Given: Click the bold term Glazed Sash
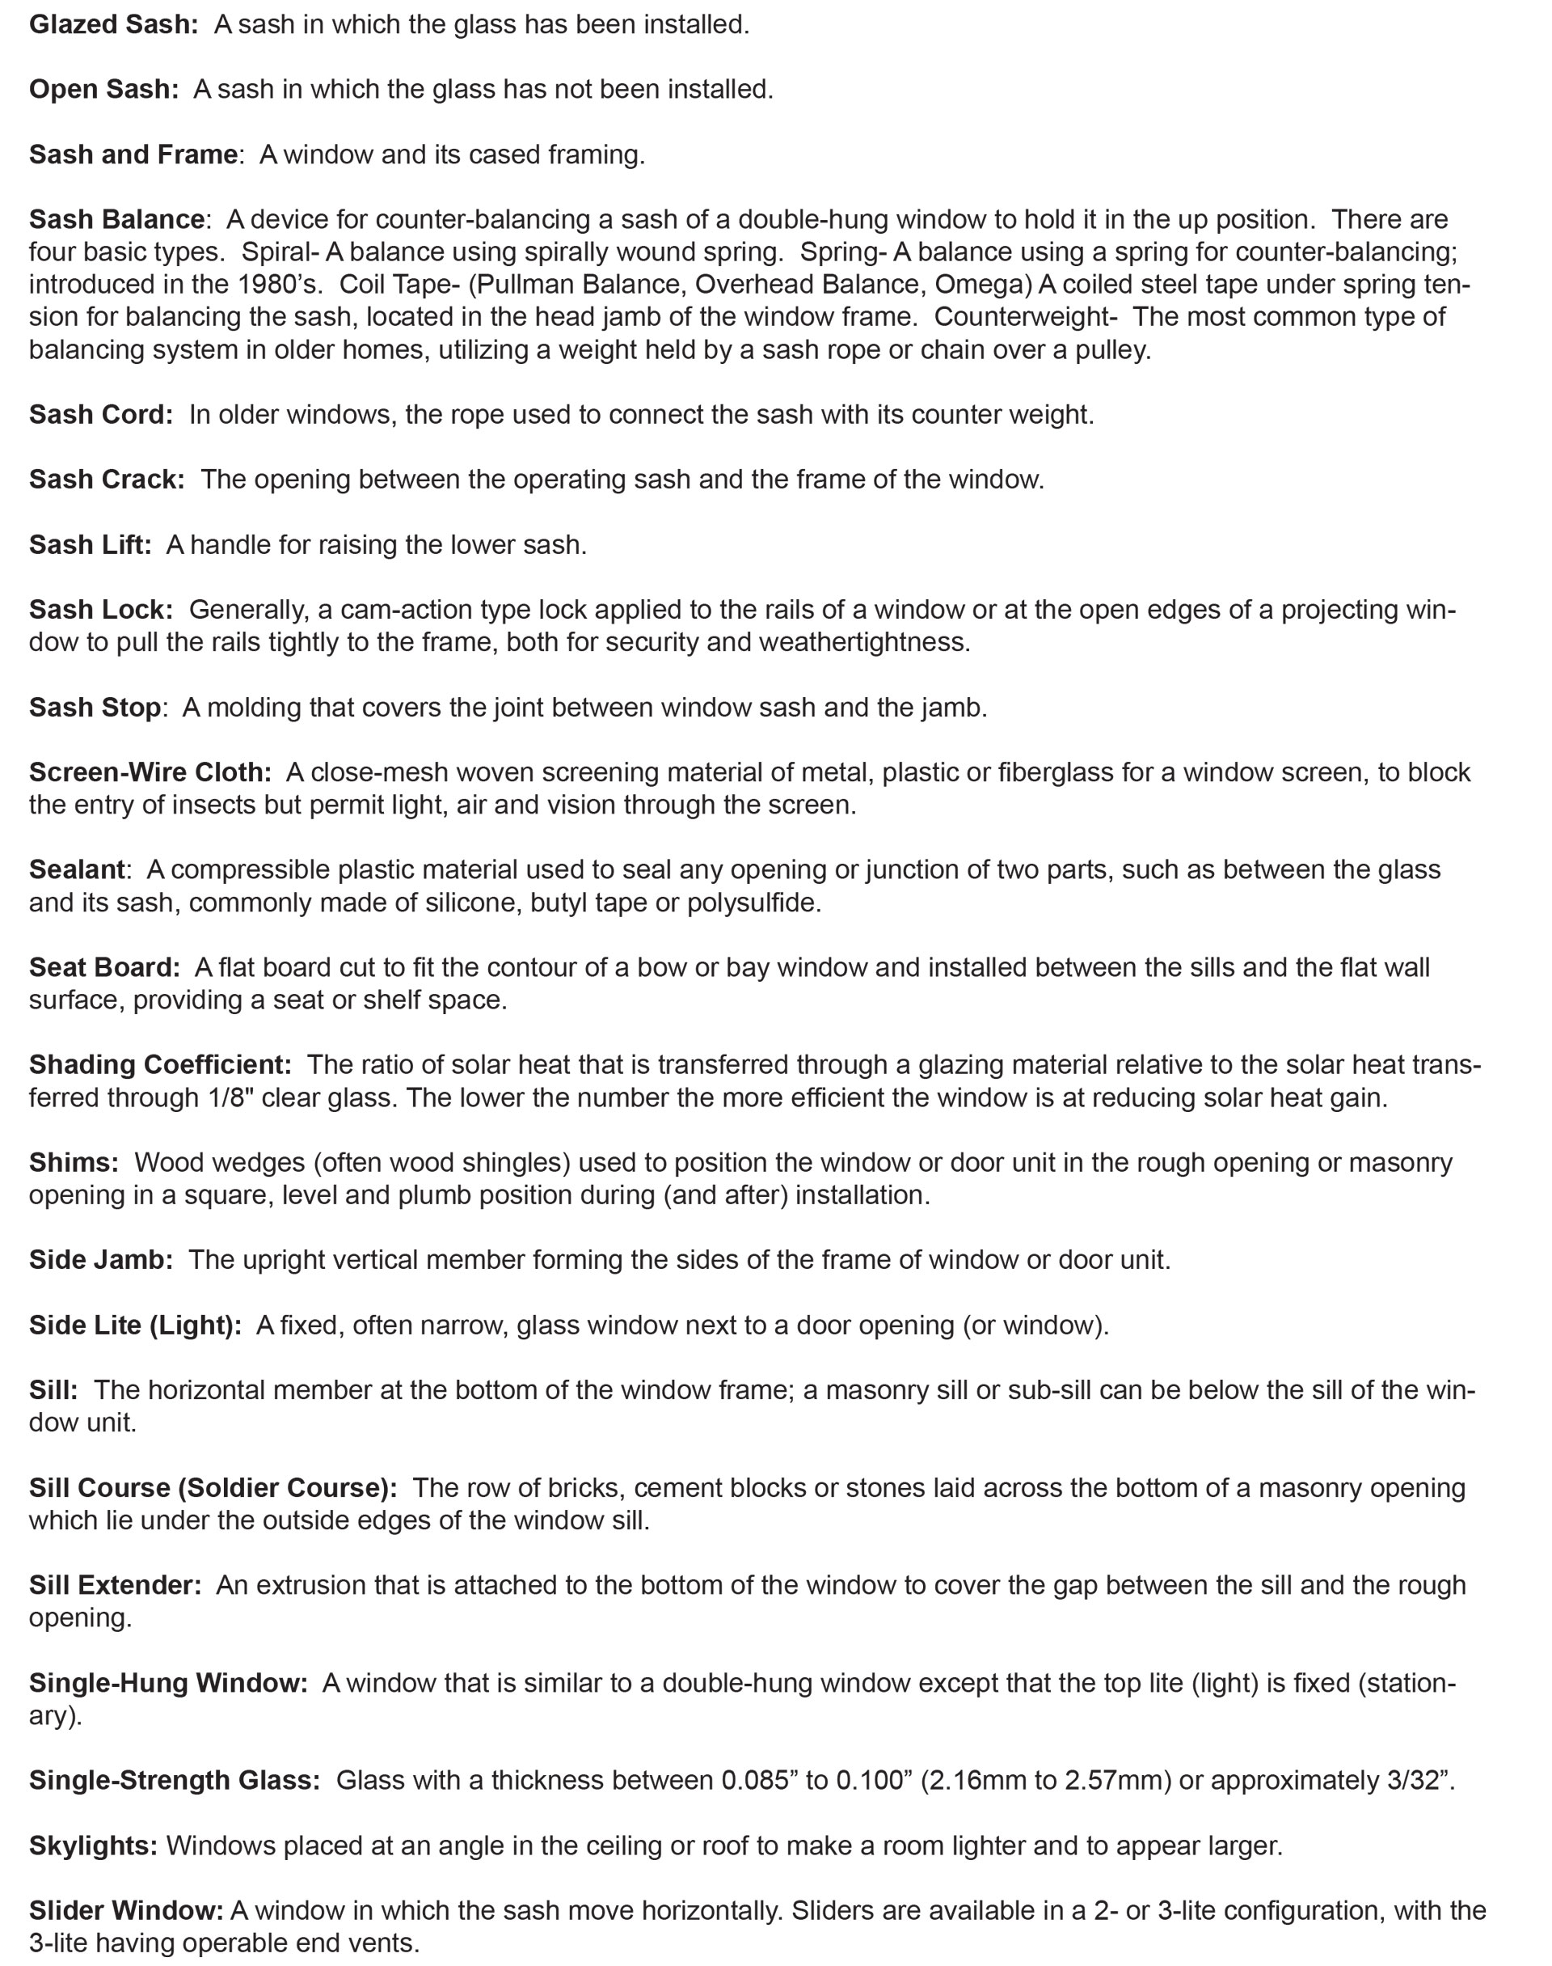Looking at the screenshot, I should (112, 24).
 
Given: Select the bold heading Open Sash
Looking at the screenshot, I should (103, 90).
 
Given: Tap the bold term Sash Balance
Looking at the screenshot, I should (116, 220).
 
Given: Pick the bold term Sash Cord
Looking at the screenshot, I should (100, 414).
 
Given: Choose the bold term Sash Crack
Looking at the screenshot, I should (107, 480).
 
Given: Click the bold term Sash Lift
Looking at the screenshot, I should (90, 544).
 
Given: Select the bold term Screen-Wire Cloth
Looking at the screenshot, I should (150, 772).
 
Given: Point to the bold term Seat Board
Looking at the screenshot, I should (104, 967).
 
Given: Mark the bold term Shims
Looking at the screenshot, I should (74, 1162).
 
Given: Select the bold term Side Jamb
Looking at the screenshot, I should (100, 1260).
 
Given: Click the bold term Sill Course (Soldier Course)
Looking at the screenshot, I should (213, 1488).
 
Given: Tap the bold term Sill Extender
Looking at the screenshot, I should (115, 1585).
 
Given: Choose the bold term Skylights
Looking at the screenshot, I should (93, 1846).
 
